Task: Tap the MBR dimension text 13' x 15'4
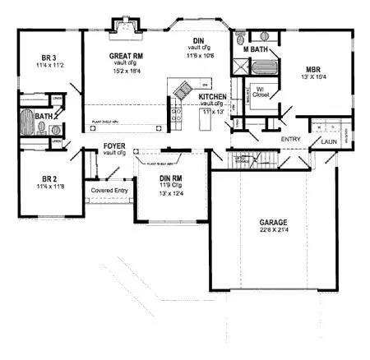coord(314,76)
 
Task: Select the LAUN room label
coord(330,141)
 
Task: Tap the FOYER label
coord(114,146)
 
